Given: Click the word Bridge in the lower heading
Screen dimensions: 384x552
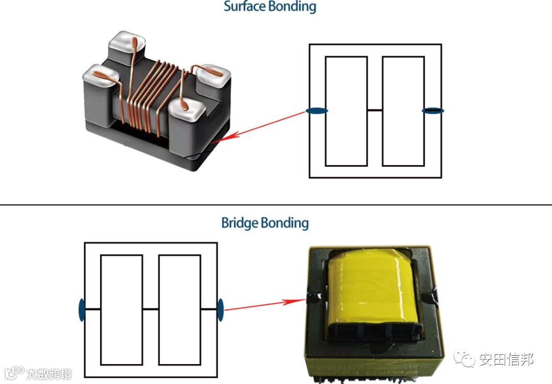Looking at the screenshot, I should click(x=239, y=223).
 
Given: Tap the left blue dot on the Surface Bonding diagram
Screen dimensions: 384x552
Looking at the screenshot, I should click(x=316, y=110).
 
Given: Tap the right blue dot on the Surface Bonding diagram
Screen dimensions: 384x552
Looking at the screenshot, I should click(x=433, y=110).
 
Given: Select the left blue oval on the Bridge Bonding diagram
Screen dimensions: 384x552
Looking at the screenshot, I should click(x=82, y=309).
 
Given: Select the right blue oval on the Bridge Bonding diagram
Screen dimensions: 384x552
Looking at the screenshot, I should click(x=220, y=309).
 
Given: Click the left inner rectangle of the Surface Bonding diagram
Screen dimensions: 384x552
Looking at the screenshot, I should click(x=346, y=111).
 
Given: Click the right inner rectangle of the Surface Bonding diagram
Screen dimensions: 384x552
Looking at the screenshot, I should click(x=403, y=111).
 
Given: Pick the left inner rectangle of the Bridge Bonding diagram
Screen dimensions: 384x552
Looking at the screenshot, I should click(x=121, y=309).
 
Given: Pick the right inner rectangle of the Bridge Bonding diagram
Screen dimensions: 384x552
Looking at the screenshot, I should click(x=179, y=309).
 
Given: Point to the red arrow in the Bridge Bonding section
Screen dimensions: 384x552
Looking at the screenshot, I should click(x=261, y=305).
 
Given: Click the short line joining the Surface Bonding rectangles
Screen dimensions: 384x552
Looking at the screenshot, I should click(x=375, y=110).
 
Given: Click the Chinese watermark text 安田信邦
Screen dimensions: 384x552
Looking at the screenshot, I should click(x=507, y=359).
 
